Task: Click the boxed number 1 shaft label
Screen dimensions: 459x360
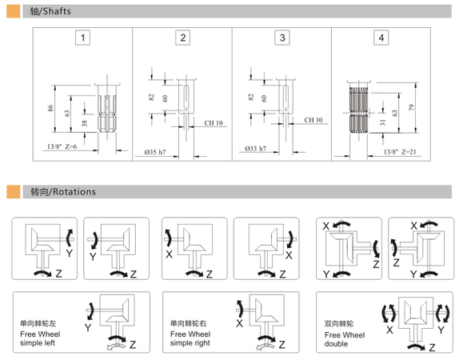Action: [x=83, y=38]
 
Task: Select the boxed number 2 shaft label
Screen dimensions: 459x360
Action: [x=182, y=38]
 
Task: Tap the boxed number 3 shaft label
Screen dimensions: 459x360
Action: [x=282, y=38]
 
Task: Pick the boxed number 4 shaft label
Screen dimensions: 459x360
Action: [x=381, y=38]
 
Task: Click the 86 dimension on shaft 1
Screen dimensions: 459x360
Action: [x=50, y=108]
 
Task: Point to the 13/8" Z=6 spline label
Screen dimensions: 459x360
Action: [x=62, y=146]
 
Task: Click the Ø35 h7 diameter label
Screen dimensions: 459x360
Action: [x=155, y=152]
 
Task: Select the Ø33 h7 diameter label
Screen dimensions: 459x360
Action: [x=256, y=149]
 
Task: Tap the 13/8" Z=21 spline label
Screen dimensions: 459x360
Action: [x=400, y=152]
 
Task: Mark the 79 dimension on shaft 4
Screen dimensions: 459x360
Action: [x=412, y=107]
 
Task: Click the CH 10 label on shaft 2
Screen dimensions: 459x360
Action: [x=214, y=123]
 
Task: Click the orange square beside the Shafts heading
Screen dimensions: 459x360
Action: [x=13, y=11]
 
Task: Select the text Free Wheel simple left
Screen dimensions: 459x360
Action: [x=40, y=338]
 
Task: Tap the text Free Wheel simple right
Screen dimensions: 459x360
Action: [x=190, y=338]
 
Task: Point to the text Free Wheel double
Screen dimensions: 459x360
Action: [x=345, y=339]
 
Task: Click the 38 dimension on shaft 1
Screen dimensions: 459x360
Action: [x=85, y=123]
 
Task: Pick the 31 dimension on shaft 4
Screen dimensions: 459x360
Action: [x=383, y=122]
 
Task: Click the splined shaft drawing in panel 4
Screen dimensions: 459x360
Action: [x=359, y=108]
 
